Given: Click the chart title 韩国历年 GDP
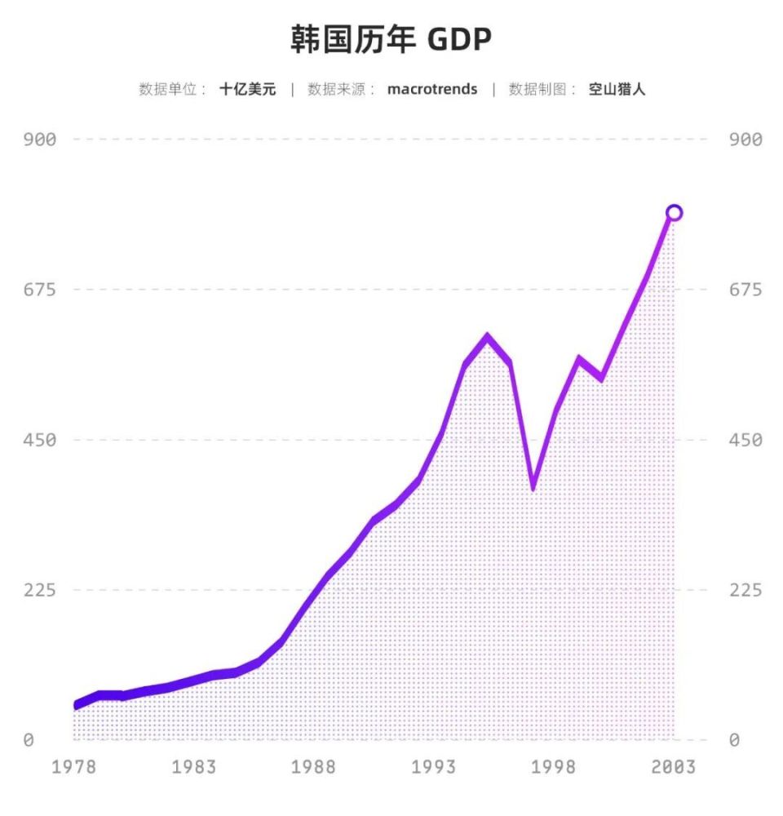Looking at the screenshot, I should point(391,39).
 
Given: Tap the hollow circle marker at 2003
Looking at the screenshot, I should point(674,213).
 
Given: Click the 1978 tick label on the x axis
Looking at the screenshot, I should point(74,768).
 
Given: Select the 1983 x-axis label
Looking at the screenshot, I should point(194,768).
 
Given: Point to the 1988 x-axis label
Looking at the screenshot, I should point(314,768).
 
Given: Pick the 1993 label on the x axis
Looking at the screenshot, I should point(434,768).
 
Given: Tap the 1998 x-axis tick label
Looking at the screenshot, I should point(554,768).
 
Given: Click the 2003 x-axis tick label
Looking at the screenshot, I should point(674,768).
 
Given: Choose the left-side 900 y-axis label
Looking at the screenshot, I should point(39,140).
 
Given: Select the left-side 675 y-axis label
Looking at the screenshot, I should point(39,290).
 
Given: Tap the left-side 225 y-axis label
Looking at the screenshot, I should point(39,590).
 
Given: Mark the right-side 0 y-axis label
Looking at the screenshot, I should point(735,740).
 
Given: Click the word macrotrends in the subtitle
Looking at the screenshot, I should point(432,90).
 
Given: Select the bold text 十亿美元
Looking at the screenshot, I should point(247,90).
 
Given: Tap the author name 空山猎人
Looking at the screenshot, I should point(617,90).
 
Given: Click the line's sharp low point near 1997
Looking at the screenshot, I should point(533,487).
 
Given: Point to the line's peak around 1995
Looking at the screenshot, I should point(487,336).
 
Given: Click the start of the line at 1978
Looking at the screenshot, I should point(76,705).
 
